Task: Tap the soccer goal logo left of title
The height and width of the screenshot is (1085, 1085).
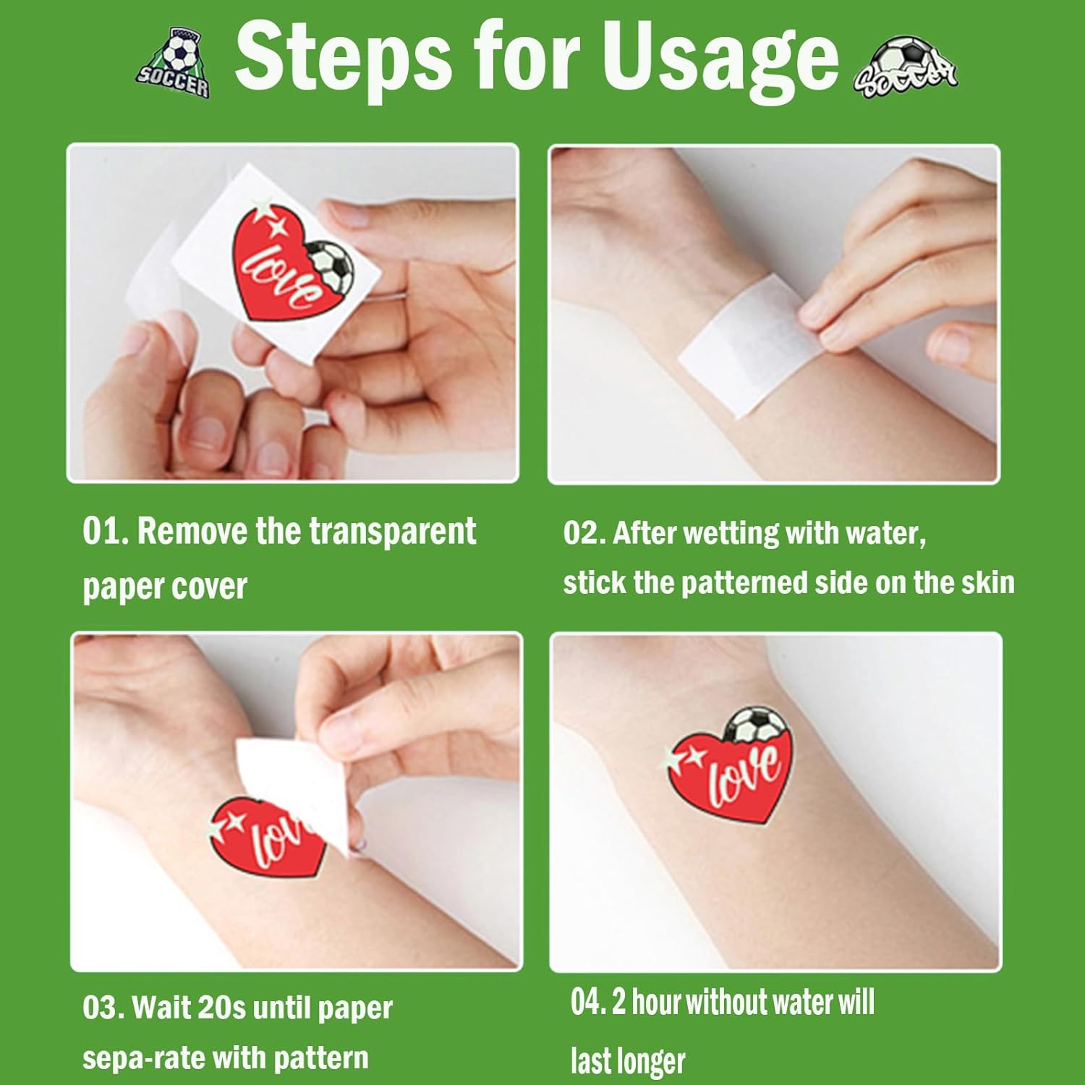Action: pyautogui.click(x=174, y=63)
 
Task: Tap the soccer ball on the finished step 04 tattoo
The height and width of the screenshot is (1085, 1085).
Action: pyautogui.click(x=754, y=726)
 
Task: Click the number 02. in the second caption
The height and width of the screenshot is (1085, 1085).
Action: pyautogui.click(x=584, y=533)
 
